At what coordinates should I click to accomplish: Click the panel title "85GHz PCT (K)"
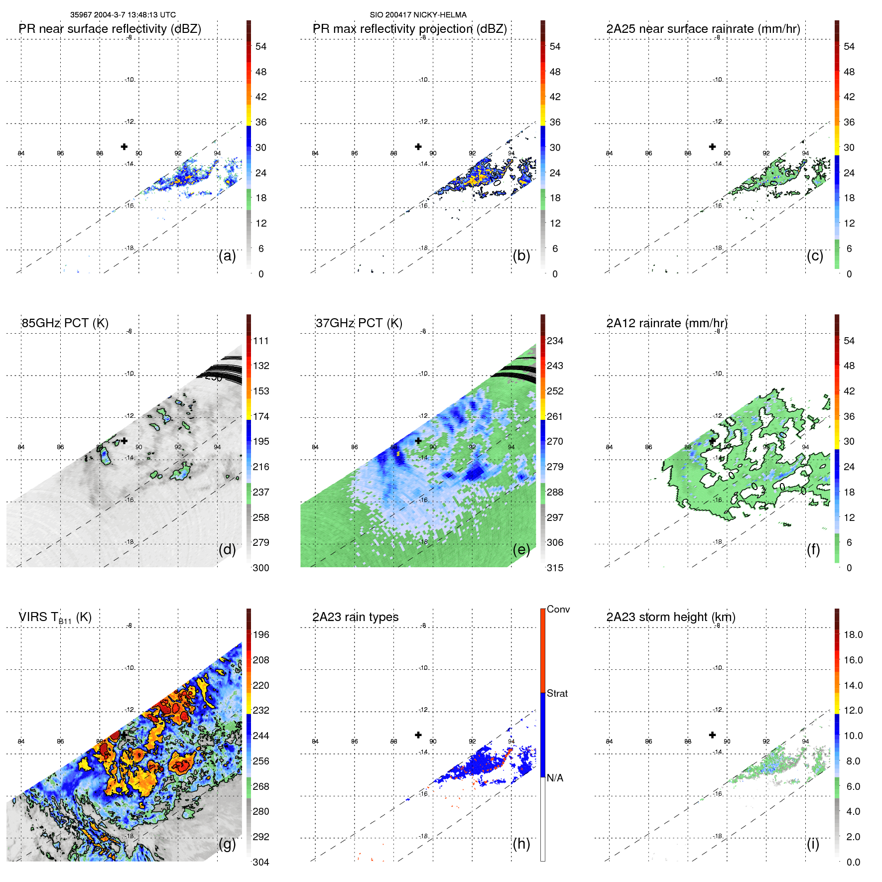click(x=65, y=323)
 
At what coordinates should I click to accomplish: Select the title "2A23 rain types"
click(x=355, y=617)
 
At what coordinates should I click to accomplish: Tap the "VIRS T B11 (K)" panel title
click(x=55, y=618)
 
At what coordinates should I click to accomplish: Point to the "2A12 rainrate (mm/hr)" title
click(x=667, y=323)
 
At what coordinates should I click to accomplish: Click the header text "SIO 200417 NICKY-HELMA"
click(x=418, y=15)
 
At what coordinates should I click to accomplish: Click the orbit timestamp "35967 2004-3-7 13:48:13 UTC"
click(x=123, y=15)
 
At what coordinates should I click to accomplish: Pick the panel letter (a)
click(x=227, y=255)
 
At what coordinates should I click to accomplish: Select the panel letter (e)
click(x=521, y=549)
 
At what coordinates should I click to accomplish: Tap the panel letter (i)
click(x=813, y=844)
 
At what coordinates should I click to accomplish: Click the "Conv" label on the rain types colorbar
click(x=558, y=609)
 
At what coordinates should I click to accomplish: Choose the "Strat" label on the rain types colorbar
click(x=557, y=693)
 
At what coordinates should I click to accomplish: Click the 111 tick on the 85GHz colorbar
click(x=261, y=341)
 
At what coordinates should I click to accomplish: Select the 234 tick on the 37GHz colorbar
click(x=555, y=341)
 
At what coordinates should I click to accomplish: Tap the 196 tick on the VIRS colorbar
click(x=261, y=634)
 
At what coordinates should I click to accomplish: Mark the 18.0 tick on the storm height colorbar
click(x=853, y=634)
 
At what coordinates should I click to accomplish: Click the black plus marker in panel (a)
click(x=124, y=146)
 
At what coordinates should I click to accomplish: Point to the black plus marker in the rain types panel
click(x=418, y=735)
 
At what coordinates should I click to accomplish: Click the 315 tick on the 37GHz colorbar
click(x=555, y=568)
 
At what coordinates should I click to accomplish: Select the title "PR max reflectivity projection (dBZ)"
click(x=409, y=29)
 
